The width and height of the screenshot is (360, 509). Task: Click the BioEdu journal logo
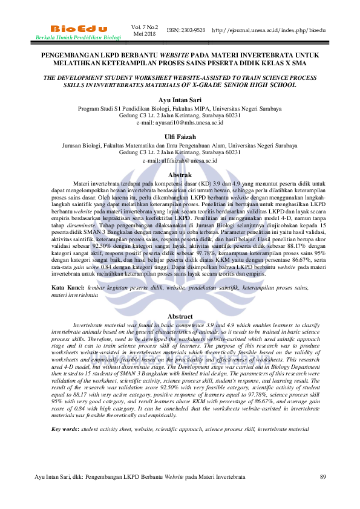tap(79, 28)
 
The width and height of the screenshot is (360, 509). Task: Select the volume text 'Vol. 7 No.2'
tap(144, 27)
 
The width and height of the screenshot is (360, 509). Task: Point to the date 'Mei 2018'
tap(144, 34)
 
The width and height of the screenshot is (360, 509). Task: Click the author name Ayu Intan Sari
tap(180, 99)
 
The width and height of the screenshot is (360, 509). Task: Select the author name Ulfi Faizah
tap(180, 137)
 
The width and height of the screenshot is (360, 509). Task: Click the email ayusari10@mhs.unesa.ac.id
tap(180, 122)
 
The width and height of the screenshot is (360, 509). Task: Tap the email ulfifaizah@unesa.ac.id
tap(180, 160)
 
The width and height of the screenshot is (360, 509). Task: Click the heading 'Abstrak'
tap(180, 175)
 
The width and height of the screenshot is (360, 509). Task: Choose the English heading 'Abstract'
tap(180, 316)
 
